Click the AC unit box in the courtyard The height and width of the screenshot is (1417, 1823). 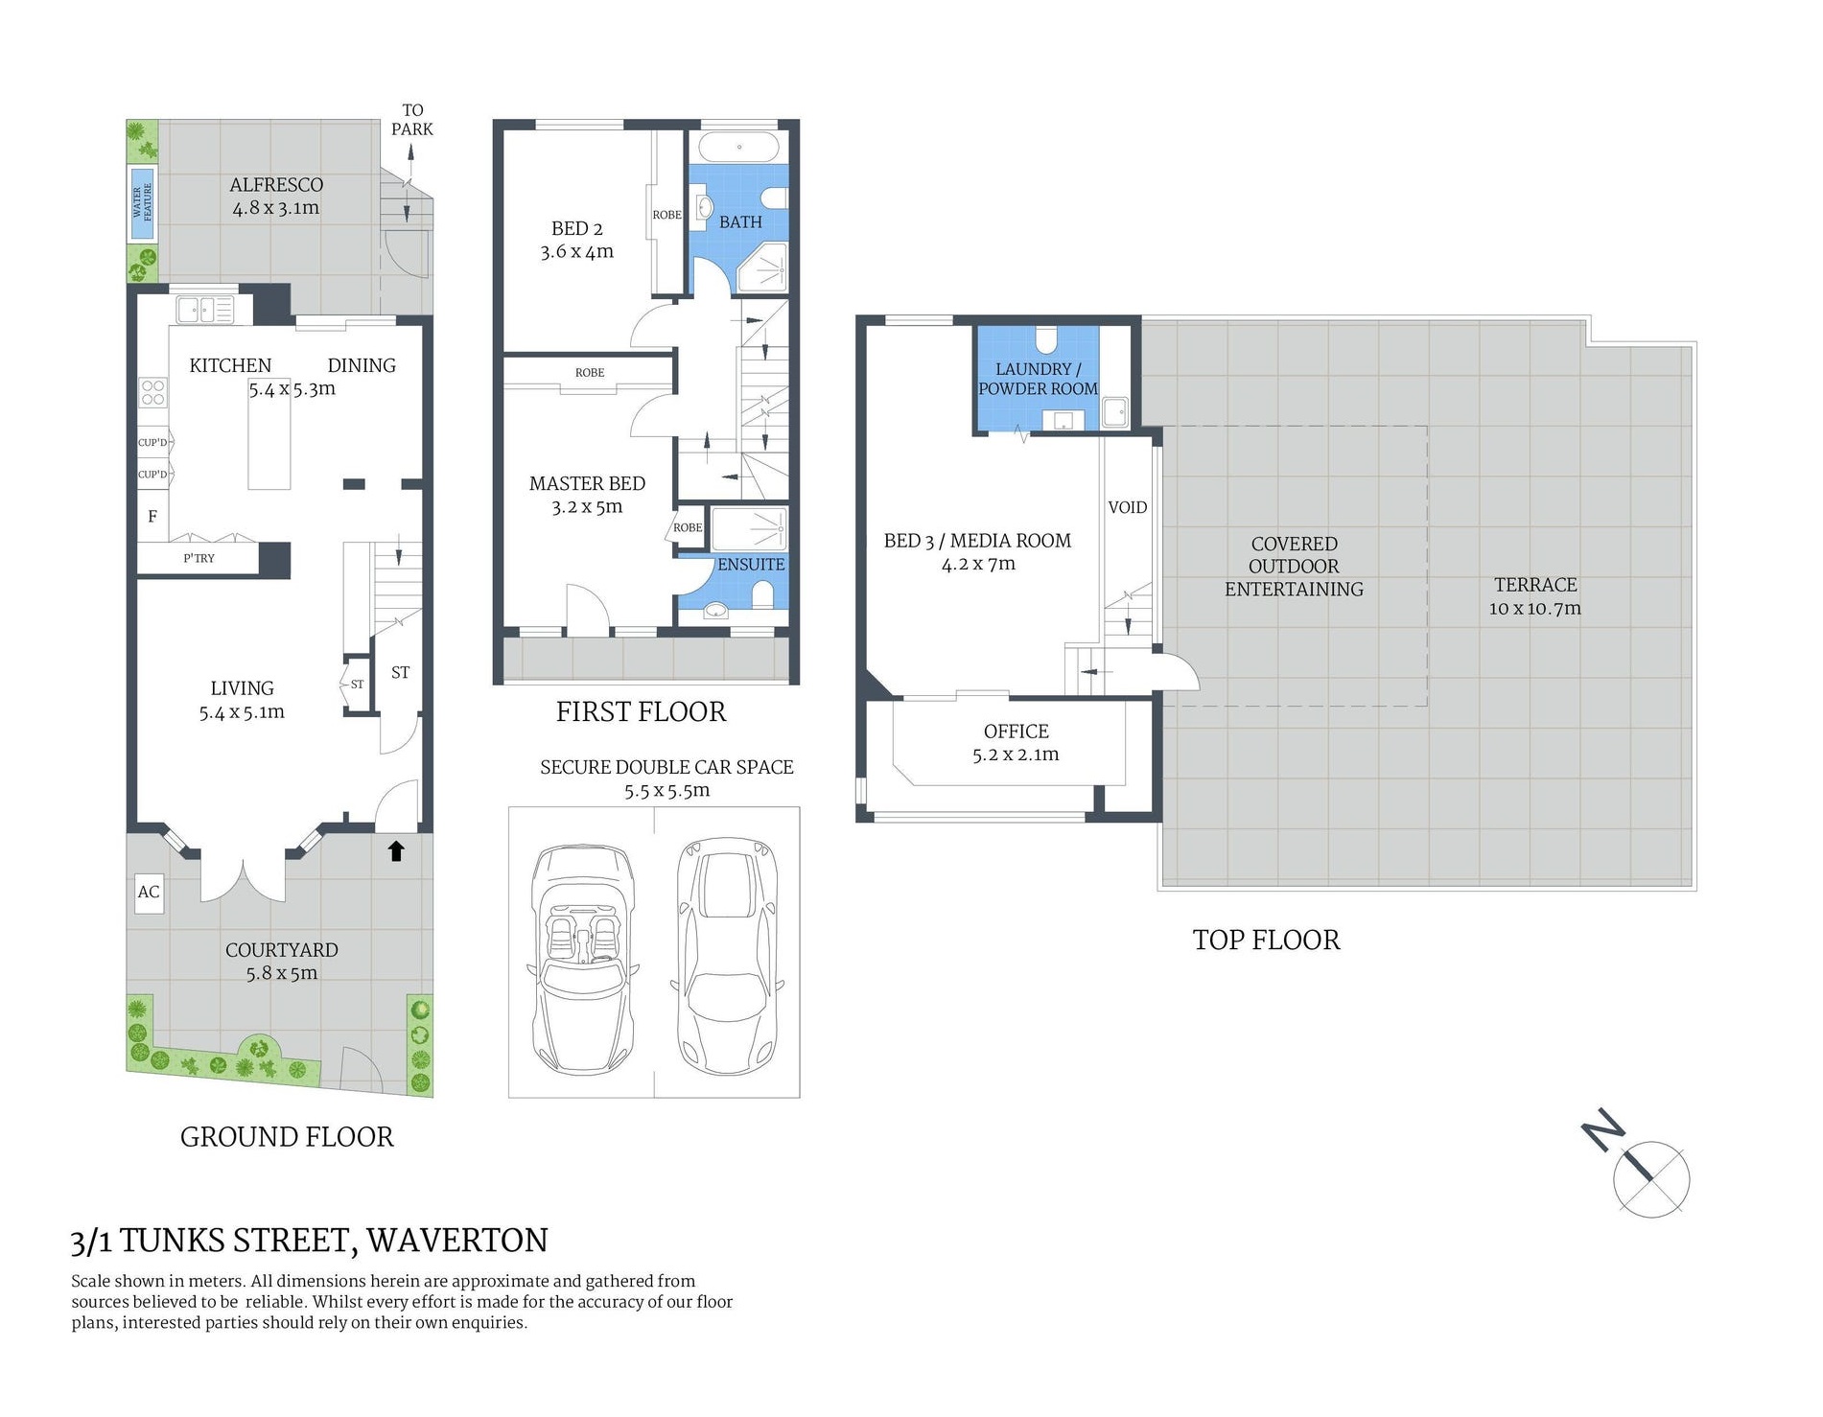coord(149,892)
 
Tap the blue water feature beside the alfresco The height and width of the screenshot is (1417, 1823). coord(143,203)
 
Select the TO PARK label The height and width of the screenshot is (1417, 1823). coord(412,120)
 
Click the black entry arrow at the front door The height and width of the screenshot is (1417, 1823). coord(396,850)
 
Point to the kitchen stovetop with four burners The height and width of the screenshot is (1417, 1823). coord(153,393)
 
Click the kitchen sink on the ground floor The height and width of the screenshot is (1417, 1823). coord(205,310)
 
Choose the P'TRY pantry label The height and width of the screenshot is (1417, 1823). coord(199,558)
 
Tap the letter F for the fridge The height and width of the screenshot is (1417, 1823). coord(152,517)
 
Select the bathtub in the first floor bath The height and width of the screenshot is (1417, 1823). coord(739,148)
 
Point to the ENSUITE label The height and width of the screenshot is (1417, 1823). coord(751,565)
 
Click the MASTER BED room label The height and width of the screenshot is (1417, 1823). coord(587,484)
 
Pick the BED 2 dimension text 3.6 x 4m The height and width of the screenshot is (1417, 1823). coord(576,252)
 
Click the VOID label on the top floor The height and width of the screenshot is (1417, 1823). coord(1128,507)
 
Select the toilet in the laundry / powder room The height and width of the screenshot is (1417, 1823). coord(1046,340)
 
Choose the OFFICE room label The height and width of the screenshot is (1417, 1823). coord(1017,732)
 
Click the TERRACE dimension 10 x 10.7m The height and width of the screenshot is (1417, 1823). coord(1535,608)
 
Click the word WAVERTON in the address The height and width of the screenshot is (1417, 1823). coord(457,1241)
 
